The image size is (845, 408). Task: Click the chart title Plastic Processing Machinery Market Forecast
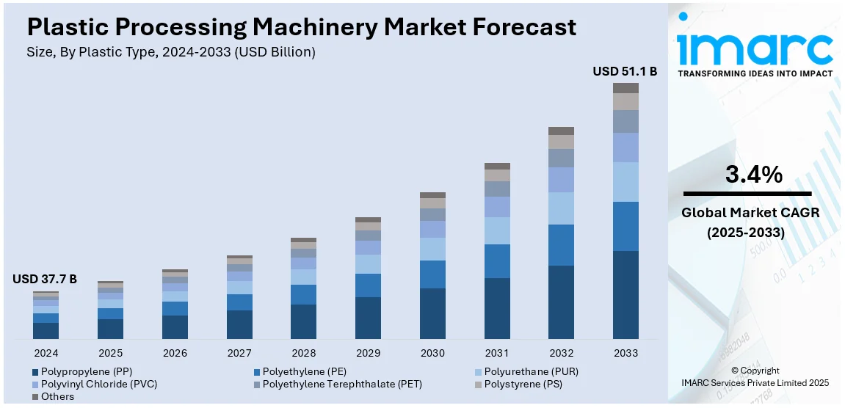(301, 27)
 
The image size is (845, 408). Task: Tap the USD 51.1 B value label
(625, 71)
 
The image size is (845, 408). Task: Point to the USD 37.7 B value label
(45, 279)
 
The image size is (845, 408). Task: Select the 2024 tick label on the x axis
(46, 353)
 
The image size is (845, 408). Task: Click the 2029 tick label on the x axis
(368, 353)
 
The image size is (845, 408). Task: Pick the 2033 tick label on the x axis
(625, 353)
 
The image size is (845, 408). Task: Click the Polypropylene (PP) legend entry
(87, 371)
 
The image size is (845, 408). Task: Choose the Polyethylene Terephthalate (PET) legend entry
(342, 384)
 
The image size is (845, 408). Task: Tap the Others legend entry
(57, 396)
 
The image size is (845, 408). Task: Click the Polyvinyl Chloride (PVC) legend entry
(99, 384)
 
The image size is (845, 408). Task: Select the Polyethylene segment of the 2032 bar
(561, 245)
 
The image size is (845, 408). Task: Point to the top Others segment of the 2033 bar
(625, 88)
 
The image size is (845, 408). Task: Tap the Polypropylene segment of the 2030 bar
(432, 313)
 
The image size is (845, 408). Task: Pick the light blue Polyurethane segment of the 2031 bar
(497, 230)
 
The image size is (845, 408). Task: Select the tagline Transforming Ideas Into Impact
(755, 73)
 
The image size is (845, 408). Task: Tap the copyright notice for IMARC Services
(755, 376)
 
